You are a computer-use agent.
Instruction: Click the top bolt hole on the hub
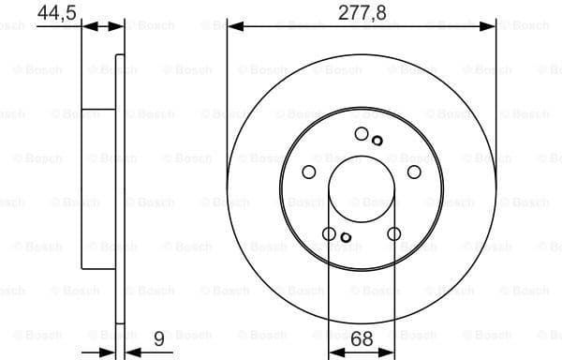click(362, 134)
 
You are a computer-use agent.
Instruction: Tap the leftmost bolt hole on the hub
click(309, 172)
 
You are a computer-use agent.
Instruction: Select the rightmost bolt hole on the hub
click(414, 172)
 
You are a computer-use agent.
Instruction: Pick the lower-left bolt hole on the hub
click(329, 233)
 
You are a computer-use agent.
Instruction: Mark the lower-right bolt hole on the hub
click(393, 233)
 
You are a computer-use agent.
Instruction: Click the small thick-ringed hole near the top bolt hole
click(377, 141)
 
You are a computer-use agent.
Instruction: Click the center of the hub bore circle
click(362, 188)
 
